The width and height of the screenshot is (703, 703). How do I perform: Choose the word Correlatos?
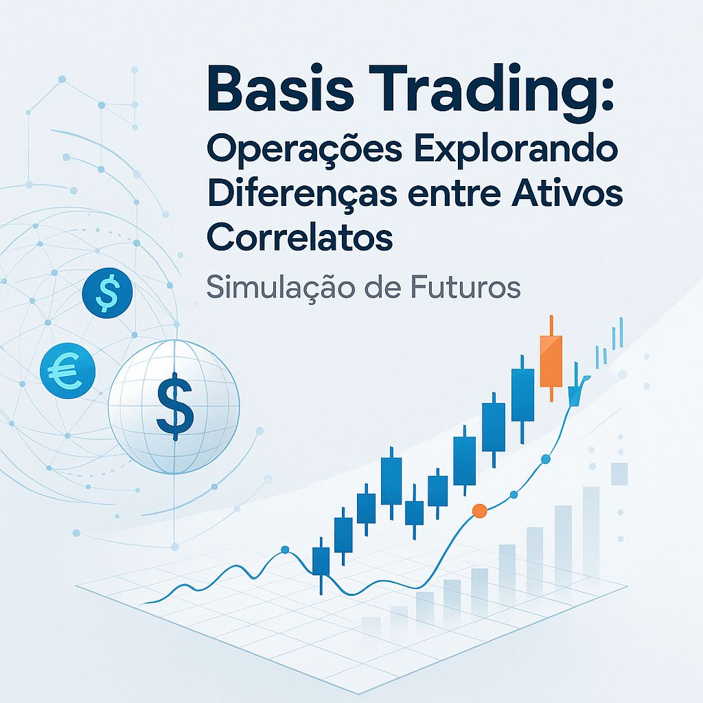[300, 235]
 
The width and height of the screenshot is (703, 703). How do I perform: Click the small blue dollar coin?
[108, 292]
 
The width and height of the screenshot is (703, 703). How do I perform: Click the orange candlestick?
[551, 360]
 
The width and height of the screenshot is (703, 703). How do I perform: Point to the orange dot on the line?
[480, 510]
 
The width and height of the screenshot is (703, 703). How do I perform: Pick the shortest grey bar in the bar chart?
[371, 625]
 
